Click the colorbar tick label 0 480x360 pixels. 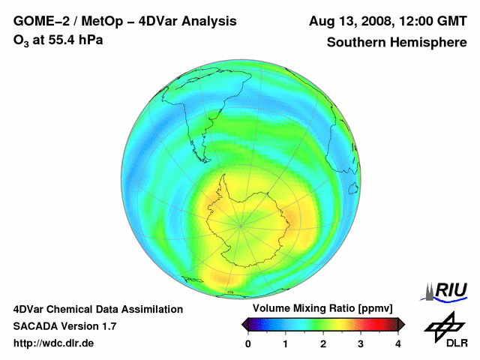[x=248, y=343]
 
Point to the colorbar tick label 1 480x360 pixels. [x=286, y=343]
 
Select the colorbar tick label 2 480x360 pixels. [x=323, y=343]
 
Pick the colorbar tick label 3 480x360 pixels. [x=361, y=343]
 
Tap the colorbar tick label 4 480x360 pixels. [x=398, y=343]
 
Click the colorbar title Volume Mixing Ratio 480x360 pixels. [x=322, y=309]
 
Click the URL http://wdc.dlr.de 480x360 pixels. [x=54, y=343]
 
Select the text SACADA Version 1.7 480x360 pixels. [x=64, y=326]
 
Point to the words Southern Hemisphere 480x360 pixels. [x=397, y=43]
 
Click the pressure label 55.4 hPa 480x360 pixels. [x=76, y=40]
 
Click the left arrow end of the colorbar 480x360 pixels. [x=244, y=324]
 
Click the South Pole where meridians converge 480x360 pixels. [x=241, y=223]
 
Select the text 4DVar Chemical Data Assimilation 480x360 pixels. [x=98, y=309]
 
